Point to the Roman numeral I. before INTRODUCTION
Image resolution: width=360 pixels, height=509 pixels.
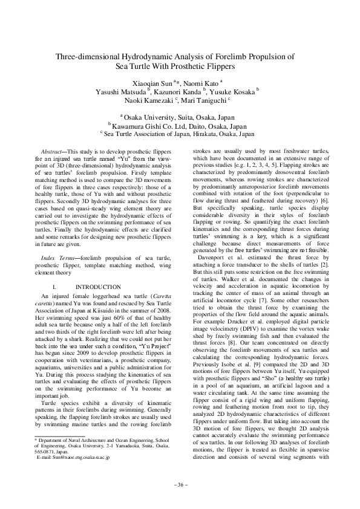56,286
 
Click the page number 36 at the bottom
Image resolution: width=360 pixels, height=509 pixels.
180,485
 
